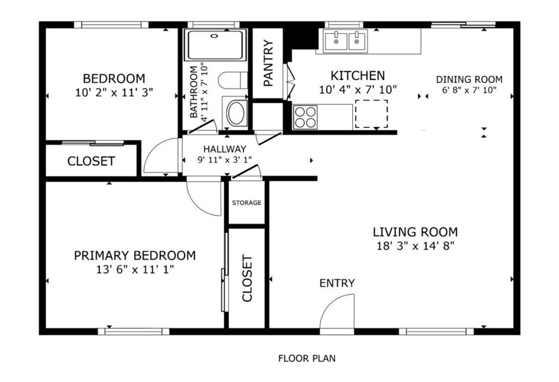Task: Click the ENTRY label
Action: [x=337, y=283]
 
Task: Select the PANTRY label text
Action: [x=268, y=63]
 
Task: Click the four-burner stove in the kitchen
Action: [x=306, y=117]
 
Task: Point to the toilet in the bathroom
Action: [x=233, y=80]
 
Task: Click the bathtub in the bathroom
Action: [x=215, y=45]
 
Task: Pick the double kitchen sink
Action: [x=345, y=42]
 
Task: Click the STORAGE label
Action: [x=246, y=203]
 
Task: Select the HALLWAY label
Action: [x=224, y=149]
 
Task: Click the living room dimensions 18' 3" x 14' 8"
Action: [x=415, y=246]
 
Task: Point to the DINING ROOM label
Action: [x=469, y=79]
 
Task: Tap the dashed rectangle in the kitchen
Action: [x=371, y=114]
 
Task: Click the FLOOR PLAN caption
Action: [x=307, y=358]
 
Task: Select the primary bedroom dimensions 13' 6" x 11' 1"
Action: [x=135, y=269]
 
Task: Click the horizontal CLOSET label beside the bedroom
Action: [x=91, y=161]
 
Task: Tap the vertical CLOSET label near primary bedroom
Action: [x=247, y=278]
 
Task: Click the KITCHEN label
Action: [x=358, y=75]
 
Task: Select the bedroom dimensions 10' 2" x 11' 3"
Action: [x=114, y=93]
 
